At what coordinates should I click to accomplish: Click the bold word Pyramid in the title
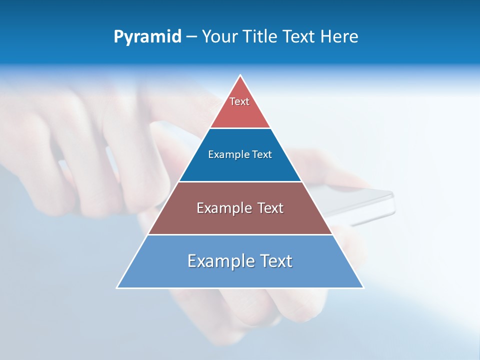[x=147, y=37]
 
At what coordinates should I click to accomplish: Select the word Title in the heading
[x=262, y=37]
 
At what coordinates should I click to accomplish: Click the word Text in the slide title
[x=299, y=37]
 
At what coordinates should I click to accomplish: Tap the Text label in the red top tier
[x=239, y=101]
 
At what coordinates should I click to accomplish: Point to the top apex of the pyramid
[x=240, y=75]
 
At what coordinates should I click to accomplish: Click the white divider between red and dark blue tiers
[x=240, y=128]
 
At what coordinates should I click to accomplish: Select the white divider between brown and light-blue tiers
[x=240, y=234]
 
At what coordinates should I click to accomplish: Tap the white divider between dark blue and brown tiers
[x=240, y=181]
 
